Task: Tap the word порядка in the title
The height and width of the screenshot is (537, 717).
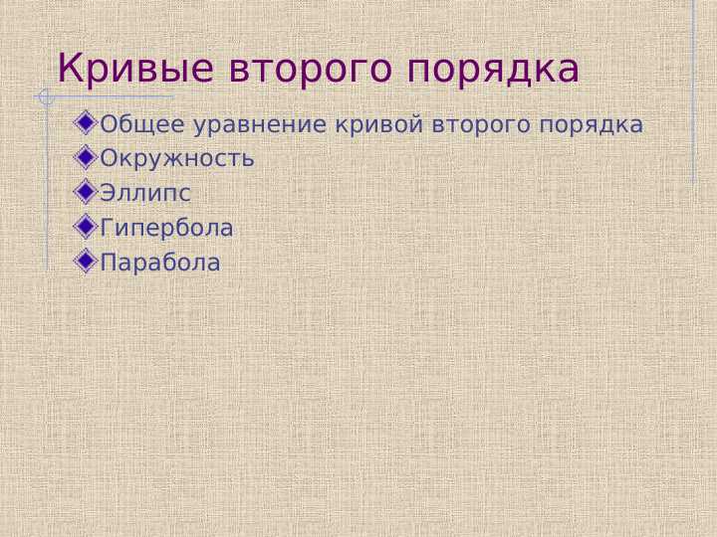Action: pyautogui.click(x=494, y=70)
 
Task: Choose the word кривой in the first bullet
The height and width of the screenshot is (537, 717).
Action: pyautogui.click(x=382, y=125)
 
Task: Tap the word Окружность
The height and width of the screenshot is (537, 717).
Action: pyautogui.click(x=177, y=158)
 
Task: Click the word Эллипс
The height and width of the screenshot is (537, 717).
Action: pyautogui.click(x=145, y=193)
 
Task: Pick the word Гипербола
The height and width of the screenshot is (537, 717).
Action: pyautogui.click(x=167, y=229)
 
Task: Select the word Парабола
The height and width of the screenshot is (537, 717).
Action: pyautogui.click(x=160, y=264)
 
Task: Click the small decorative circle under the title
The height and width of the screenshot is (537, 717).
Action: pyautogui.click(x=44, y=97)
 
